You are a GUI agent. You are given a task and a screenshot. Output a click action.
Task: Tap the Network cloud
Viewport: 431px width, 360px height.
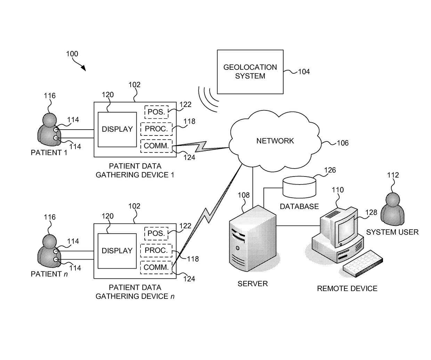pyautogui.click(x=275, y=141)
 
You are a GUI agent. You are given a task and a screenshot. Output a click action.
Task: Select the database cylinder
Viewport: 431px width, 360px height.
pyautogui.click(x=299, y=187)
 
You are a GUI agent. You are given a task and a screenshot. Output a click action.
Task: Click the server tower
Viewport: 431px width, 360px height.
pyautogui.click(x=253, y=238)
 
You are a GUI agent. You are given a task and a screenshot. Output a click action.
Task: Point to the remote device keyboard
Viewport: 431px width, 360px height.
pyautogui.click(x=363, y=263)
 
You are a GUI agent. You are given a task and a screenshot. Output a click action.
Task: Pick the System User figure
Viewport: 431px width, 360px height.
pyautogui.click(x=392, y=209)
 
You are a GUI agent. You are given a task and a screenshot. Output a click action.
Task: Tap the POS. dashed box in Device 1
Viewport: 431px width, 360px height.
pyautogui.click(x=156, y=112)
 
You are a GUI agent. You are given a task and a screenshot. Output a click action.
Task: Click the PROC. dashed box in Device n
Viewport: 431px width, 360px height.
pyautogui.click(x=156, y=251)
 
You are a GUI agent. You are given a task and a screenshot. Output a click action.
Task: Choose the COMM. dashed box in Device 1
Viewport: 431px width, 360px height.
pyautogui.click(x=156, y=146)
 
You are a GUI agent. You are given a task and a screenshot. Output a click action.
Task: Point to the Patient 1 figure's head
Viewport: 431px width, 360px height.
pyautogui.click(x=50, y=120)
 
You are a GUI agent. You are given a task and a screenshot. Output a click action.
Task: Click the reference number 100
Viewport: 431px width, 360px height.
pyautogui.click(x=72, y=54)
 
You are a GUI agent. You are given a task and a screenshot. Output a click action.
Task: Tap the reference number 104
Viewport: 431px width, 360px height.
pyautogui.click(x=304, y=72)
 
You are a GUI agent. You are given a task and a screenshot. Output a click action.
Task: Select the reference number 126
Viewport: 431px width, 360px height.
pyautogui.click(x=330, y=170)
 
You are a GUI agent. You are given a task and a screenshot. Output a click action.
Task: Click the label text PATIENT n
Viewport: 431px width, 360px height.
pyautogui.click(x=49, y=274)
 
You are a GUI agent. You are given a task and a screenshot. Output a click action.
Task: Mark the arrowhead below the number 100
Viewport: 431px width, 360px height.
pyautogui.click(x=84, y=68)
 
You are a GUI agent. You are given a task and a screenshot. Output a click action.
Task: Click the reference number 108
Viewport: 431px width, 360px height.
pyautogui.click(x=244, y=195)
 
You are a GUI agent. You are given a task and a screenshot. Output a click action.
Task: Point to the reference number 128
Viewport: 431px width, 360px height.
pyautogui.click(x=371, y=212)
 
